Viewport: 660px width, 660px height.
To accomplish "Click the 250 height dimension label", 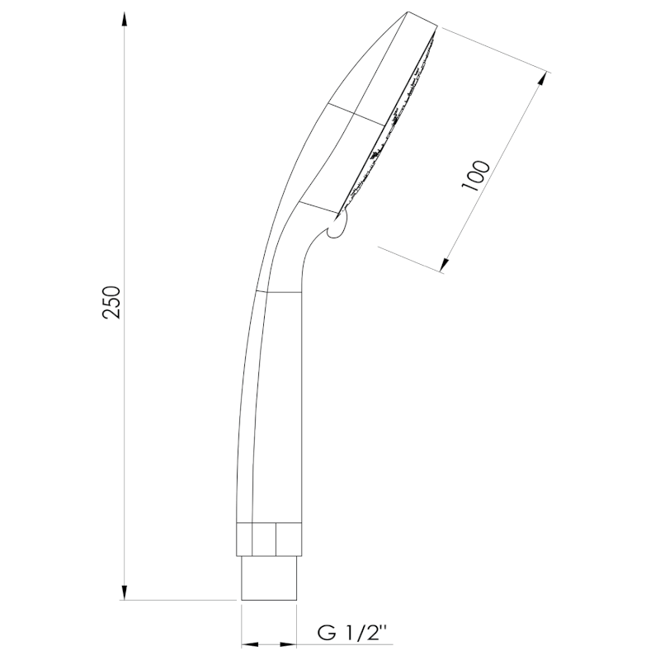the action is (111, 302).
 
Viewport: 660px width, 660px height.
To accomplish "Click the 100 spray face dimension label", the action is (476, 176).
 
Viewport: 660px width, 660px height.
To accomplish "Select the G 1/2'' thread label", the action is (352, 633).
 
